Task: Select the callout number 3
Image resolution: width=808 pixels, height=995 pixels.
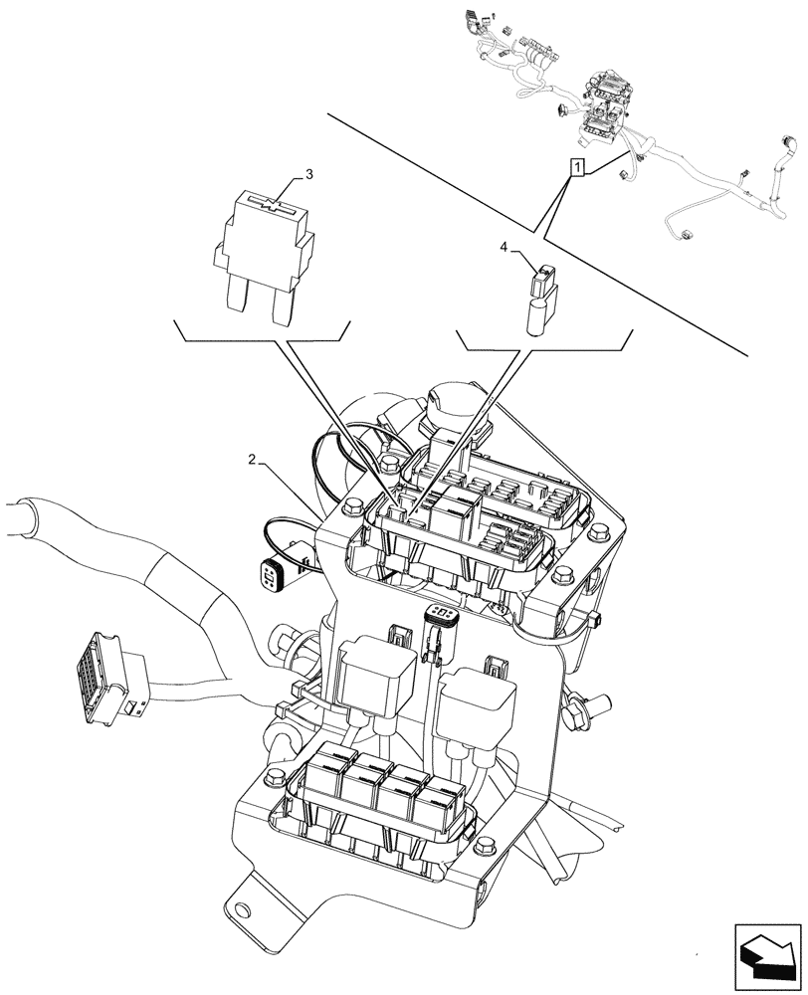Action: coord(309,174)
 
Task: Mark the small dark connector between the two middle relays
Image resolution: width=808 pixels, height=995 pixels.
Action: coord(438,630)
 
